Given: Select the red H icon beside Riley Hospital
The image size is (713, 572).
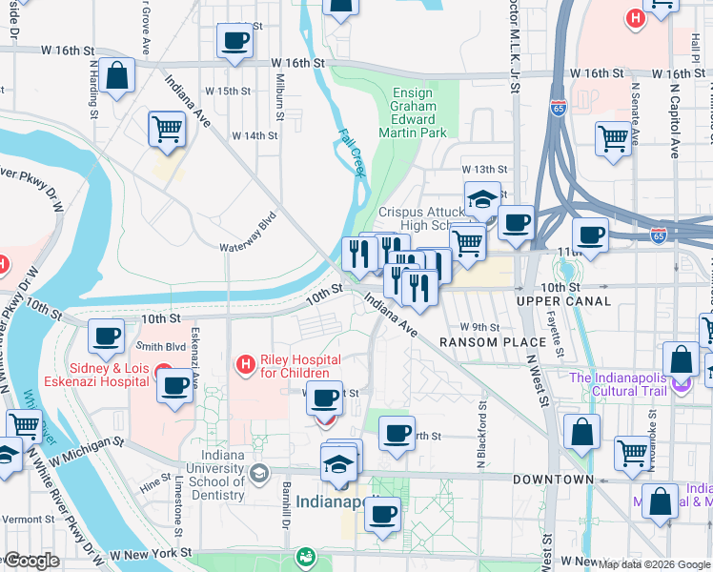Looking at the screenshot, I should (x=245, y=363).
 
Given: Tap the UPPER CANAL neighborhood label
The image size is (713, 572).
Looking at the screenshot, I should (x=563, y=301).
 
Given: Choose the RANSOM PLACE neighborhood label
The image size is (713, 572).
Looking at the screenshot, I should (x=478, y=341).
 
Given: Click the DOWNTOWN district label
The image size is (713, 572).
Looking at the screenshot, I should (x=548, y=480).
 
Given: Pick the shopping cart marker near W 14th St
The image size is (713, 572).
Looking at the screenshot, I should (x=167, y=128).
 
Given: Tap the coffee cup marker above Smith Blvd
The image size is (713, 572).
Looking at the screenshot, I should (x=106, y=335).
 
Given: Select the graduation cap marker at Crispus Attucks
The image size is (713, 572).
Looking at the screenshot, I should (x=483, y=198).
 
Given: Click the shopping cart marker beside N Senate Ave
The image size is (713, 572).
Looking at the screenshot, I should (x=613, y=137).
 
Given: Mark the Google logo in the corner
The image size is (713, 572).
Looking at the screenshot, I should (x=31, y=561).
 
